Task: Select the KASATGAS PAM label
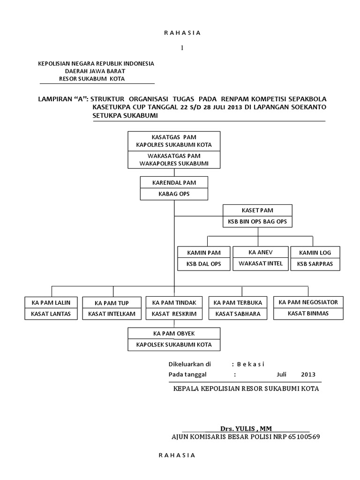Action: (x=174, y=137)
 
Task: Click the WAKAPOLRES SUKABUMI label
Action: (x=174, y=163)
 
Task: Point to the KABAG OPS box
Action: (x=174, y=194)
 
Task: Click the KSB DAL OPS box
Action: (x=203, y=264)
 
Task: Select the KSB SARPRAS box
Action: (x=315, y=264)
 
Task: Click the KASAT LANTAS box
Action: (x=51, y=314)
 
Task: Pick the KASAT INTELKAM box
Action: (x=112, y=314)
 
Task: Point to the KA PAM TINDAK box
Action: (x=174, y=302)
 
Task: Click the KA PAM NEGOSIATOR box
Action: (x=308, y=302)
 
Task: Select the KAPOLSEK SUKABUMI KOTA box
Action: (x=174, y=345)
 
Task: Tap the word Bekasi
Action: (x=251, y=364)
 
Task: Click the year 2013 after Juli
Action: (x=308, y=375)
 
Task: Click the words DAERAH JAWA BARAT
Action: (x=95, y=71)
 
